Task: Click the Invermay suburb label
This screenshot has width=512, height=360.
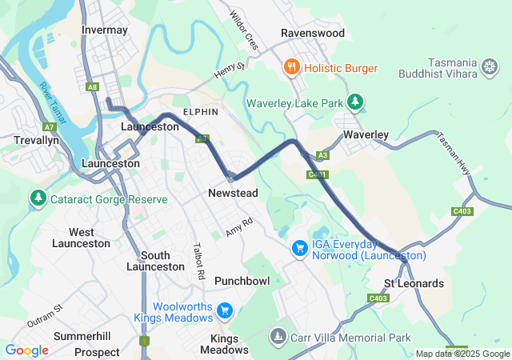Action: (x=105, y=30)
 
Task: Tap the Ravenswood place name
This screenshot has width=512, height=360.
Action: (x=312, y=33)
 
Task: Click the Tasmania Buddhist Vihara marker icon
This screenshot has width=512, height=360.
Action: (x=489, y=68)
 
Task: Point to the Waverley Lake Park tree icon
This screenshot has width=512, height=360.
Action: (x=355, y=102)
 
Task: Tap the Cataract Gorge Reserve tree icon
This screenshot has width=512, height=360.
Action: (x=37, y=197)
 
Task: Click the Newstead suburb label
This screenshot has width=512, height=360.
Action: (x=232, y=193)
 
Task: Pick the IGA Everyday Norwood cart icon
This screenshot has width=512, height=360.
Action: (x=299, y=248)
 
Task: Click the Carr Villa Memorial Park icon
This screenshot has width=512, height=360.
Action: (x=278, y=338)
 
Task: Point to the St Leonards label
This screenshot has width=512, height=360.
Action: (x=414, y=283)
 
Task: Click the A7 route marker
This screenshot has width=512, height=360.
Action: (x=50, y=126)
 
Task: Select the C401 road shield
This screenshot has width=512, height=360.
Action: (x=317, y=174)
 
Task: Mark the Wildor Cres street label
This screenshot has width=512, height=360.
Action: (x=243, y=31)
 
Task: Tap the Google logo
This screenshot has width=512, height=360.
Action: (x=26, y=350)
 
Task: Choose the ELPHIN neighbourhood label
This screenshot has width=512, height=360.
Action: (x=200, y=112)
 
